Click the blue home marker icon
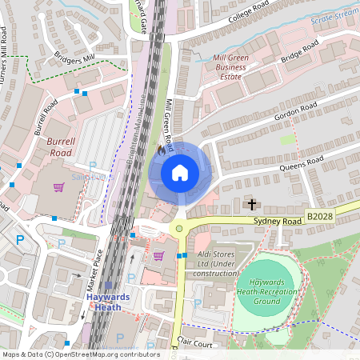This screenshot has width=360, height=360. (180, 173)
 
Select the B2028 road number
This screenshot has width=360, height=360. (320, 216)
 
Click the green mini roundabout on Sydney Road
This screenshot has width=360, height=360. (179, 229)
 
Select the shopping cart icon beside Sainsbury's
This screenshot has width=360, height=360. (58, 188)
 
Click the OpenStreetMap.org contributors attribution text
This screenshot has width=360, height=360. (103, 354)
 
